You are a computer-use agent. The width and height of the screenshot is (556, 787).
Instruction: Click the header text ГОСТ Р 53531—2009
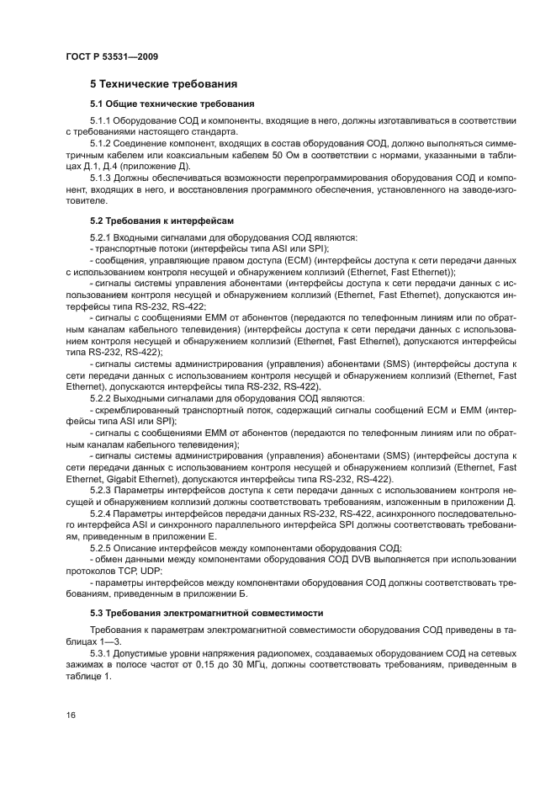click(112, 56)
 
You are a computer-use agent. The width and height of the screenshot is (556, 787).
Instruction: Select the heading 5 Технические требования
click(163, 84)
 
